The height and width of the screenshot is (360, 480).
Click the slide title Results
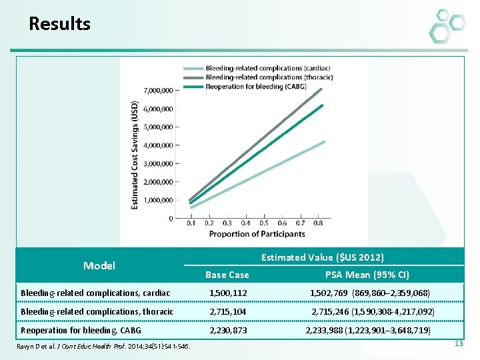pos(59,25)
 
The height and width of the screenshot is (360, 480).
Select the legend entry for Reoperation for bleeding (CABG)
pos(256,87)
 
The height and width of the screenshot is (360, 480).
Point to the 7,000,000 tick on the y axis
pos(158,90)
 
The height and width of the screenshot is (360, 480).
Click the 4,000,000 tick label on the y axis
pos(158,145)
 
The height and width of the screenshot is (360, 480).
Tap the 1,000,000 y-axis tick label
pos(158,200)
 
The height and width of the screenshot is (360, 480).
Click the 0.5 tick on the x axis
pos(264,223)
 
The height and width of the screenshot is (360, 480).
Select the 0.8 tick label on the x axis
pos(319,223)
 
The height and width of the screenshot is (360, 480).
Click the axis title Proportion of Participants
pos(257,234)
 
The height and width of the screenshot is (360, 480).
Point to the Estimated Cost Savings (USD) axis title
pos(135,155)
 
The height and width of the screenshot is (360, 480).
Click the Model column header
pos(99,265)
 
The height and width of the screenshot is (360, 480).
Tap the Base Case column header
pos(227,275)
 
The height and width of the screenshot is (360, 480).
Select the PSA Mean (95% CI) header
pos(367,275)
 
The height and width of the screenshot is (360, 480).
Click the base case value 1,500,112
pos(227,293)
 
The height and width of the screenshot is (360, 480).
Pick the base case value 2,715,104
pos(227,312)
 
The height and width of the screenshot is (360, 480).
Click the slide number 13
pos(458,343)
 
